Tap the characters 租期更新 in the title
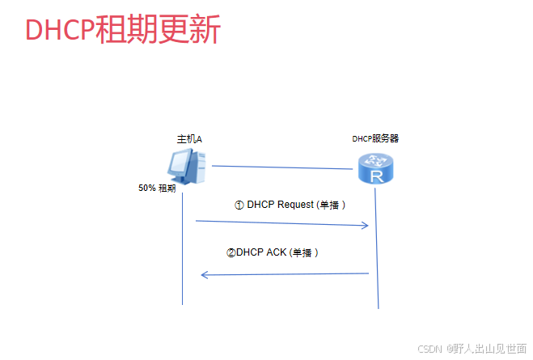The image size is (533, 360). click(158, 29)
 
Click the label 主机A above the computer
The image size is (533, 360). click(189, 139)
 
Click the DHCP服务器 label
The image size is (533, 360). click(375, 138)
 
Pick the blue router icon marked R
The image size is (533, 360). click(375, 170)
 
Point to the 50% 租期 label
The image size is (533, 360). click(157, 188)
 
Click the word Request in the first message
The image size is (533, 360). click(294, 205)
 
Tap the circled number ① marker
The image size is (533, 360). click(239, 205)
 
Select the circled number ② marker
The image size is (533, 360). click(231, 252)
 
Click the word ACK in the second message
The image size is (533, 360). click(276, 252)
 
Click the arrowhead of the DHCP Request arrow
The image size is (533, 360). click(365, 226)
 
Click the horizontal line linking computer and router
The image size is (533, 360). click(283, 167)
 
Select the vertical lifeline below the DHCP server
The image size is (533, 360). click(378, 259)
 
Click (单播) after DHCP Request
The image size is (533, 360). click(332, 205)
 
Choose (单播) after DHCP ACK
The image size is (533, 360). click(304, 252)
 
